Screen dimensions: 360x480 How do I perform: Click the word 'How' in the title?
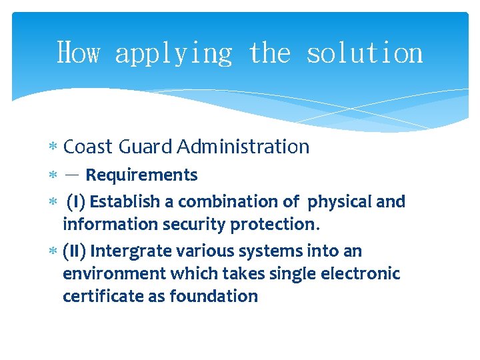[x=78, y=53]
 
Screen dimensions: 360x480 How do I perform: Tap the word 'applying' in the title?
[x=173, y=53]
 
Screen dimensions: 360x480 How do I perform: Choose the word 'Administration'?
[x=243, y=147]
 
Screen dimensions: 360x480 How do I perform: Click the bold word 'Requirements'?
[x=141, y=175]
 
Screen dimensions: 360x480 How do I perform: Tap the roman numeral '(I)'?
[x=76, y=201]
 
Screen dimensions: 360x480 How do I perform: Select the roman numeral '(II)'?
[x=74, y=251]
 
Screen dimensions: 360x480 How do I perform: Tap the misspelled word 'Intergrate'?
[x=131, y=251]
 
